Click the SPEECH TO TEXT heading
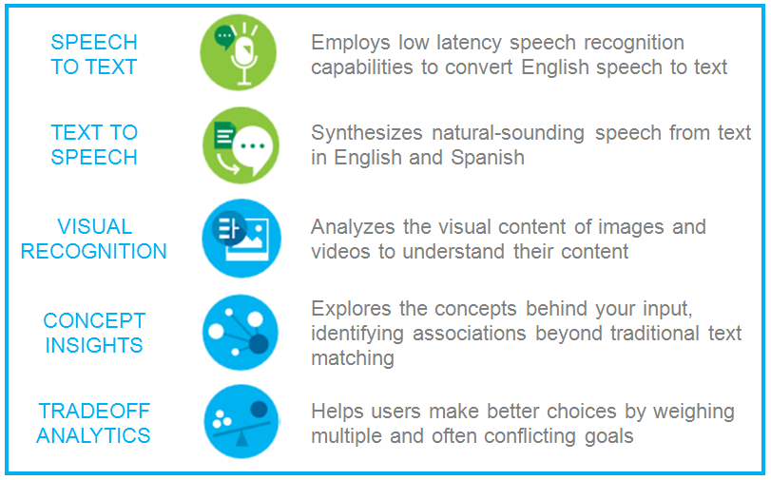click(x=94, y=54)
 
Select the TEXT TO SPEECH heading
click(x=94, y=145)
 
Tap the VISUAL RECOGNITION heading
click(x=94, y=239)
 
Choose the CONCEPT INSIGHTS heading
click(x=94, y=333)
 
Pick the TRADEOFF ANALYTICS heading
click(x=94, y=423)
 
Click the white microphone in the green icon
click(x=244, y=58)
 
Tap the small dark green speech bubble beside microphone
click(x=224, y=37)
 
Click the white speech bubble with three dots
click(x=253, y=148)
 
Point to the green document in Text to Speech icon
click(x=224, y=136)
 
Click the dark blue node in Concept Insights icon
click(x=259, y=344)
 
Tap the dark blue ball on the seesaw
click(x=259, y=409)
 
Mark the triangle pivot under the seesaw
click(x=241, y=439)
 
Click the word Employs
click(x=351, y=44)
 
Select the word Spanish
click(x=488, y=159)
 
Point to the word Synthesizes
click(x=367, y=133)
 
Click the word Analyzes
click(x=353, y=227)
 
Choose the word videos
click(x=340, y=251)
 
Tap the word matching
click(x=353, y=358)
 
